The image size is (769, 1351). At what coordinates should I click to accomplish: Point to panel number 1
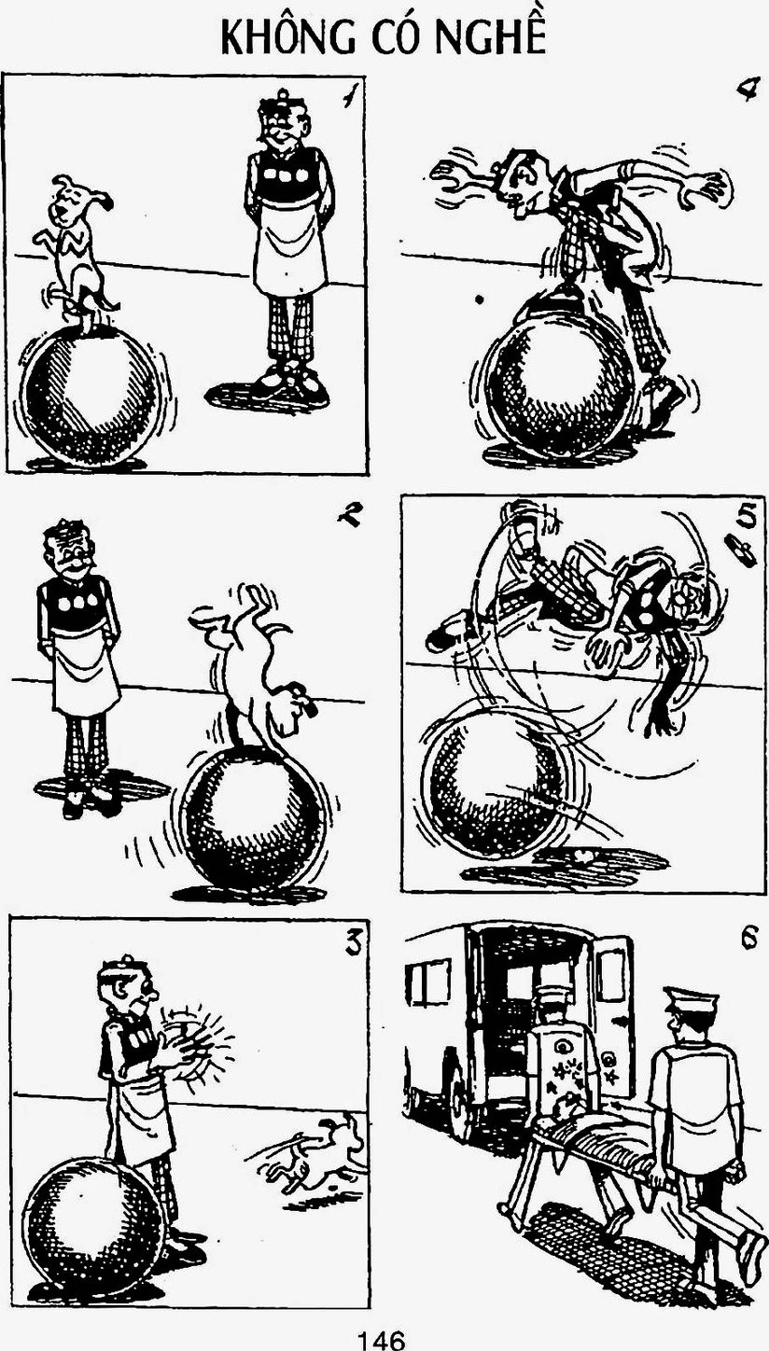coord(350,95)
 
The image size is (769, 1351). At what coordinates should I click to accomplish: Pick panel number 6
coord(747,939)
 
